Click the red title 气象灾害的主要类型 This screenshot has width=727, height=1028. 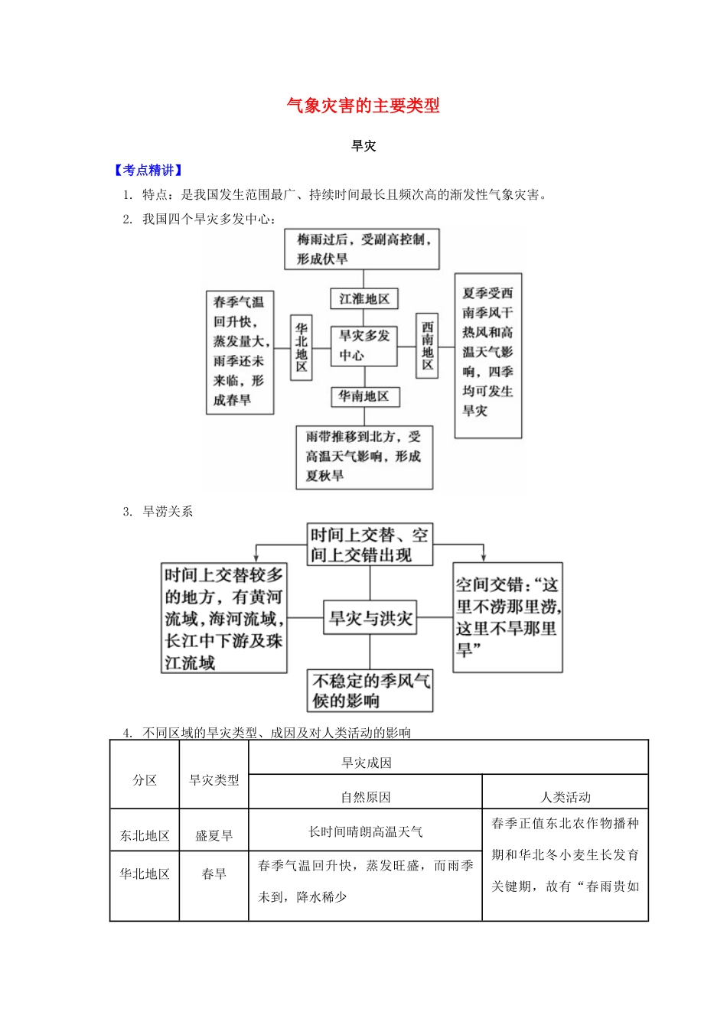click(x=363, y=106)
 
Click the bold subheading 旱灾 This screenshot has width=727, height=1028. click(x=363, y=146)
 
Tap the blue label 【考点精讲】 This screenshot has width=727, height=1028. click(x=148, y=171)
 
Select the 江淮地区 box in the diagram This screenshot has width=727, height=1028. click(x=364, y=298)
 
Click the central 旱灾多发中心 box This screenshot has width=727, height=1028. click(x=364, y=346)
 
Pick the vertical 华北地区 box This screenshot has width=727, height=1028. click(x=302, y=346)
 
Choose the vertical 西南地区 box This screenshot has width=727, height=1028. click(x=427, y=346)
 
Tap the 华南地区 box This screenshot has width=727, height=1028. click(x=364, y=396)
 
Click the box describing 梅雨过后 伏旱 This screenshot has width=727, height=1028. click(x=362, y=249)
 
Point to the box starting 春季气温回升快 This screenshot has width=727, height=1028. click(x=240, y=351)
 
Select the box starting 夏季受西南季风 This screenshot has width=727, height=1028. click(x=487, y=355)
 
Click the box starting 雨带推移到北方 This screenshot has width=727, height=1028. click(x=364, y=457)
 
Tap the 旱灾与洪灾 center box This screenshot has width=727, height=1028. click(x=370, y=618)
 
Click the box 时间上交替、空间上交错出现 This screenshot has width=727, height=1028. click(x=370, y=545)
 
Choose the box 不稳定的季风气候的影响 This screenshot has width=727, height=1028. click(x=370, y=691)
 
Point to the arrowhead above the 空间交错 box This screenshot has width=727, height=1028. click(x=483, y=557)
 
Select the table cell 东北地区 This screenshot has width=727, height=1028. click(x=145, y=835)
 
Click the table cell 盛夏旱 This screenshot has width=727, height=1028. click(x=214, y=835)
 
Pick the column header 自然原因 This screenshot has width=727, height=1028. click(x=366, y=797)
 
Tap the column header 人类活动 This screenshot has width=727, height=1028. click(x=566, y=797)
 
